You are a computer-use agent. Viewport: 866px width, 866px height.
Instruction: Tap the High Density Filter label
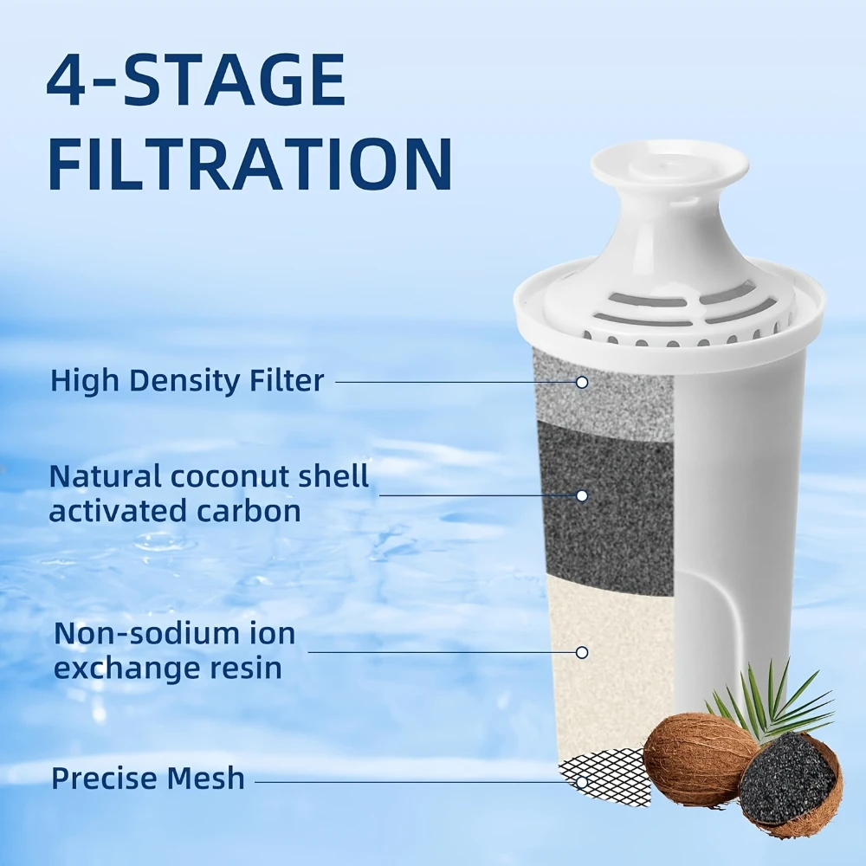(x=187, y=380)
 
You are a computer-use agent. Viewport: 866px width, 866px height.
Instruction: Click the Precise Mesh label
(x=148, y=778)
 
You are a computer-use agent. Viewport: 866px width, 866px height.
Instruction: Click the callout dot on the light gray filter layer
(x=583, y=381)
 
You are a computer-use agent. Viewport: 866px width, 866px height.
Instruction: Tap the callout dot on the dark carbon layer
(x=582, y=495)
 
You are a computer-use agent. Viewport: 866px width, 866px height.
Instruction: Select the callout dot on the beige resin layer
(x=582, y=652)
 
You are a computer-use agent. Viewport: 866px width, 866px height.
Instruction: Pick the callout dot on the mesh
(x=583, y=781)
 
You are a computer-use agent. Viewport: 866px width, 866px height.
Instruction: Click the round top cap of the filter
(x=669, y=165)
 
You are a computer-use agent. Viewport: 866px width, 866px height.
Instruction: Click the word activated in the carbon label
(x=113, y=510)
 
